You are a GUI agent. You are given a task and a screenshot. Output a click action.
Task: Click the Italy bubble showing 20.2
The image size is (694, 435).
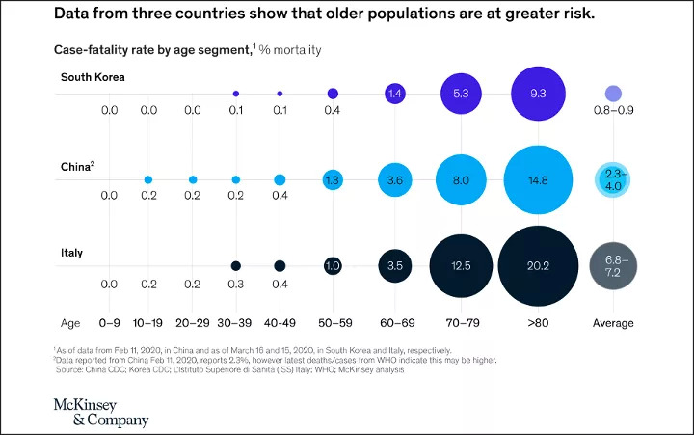click(539, 265)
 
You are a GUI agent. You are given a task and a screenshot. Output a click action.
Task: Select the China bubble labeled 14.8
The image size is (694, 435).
click(539, 179)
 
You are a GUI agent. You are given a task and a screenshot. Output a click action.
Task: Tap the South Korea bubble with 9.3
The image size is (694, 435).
click(539, 94)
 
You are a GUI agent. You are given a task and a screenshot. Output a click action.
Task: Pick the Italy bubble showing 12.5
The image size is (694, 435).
click(462, 265)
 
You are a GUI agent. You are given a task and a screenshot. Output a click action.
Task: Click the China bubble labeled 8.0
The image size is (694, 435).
click(462, 179)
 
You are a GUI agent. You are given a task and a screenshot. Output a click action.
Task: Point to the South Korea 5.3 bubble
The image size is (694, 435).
click(462, 94)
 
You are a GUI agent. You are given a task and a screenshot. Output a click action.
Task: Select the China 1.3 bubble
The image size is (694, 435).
click(333, 179)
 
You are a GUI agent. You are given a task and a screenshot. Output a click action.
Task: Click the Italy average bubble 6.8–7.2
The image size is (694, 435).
click(613, 265)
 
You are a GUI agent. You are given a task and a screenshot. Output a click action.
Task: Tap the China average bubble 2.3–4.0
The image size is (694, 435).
click(613, 179)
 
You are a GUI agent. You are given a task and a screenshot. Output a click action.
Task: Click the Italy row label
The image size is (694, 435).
click(71, 252)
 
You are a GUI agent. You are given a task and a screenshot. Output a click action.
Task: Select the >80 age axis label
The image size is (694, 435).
click(539, 323)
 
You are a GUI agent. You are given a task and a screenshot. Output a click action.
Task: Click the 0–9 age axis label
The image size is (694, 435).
click(110, 323)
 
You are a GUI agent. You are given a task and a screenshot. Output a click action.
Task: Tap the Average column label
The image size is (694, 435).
click(613, 323)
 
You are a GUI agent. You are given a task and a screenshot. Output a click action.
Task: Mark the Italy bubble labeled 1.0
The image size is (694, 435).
click(333, 265)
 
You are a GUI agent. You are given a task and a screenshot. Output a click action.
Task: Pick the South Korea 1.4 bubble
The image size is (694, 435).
click(393, 94)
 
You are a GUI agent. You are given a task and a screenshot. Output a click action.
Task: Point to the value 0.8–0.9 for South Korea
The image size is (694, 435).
click(613, 111)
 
